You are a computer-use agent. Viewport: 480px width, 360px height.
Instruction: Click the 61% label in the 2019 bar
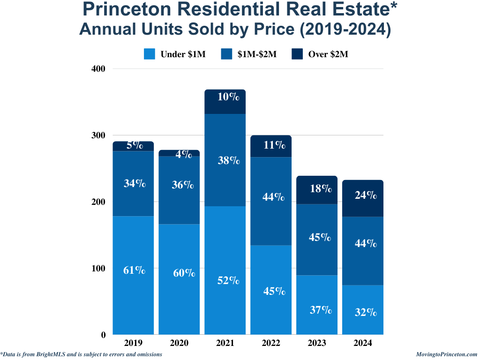point(134,270)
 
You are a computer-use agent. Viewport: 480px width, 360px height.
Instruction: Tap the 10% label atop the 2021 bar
point(228,97)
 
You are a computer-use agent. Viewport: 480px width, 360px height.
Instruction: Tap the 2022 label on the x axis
point(271,343)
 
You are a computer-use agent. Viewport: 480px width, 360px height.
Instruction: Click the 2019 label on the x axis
point(134,343)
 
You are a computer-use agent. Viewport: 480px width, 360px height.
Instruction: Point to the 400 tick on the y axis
point(98,68)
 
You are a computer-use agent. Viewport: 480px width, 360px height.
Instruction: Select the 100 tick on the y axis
point(98,269)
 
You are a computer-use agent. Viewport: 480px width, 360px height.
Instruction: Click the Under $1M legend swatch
point(150,54)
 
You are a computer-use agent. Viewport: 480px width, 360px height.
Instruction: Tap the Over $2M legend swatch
point(297,54)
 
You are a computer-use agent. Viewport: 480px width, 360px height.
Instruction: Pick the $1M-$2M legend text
point(257,54)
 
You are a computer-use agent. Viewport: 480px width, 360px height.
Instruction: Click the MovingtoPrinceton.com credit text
point(446,354)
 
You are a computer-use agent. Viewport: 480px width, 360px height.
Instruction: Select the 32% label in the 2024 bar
point(366,312)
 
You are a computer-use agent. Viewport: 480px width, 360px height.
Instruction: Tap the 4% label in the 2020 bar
point(184,154)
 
